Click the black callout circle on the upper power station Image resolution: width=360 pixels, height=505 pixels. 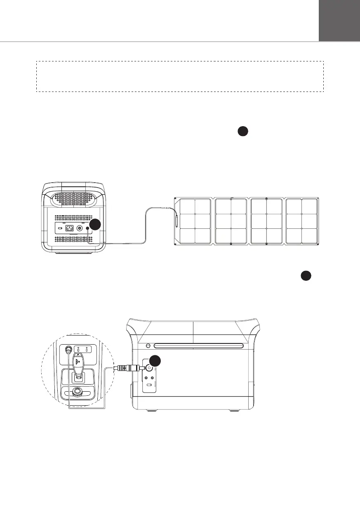[95, 225]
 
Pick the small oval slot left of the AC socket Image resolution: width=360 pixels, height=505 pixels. [60, 228]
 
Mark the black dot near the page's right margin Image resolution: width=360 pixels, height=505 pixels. [306, 276]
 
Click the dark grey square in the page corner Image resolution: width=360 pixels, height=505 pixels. [339, 20]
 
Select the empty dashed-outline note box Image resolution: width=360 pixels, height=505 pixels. [180, 77]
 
